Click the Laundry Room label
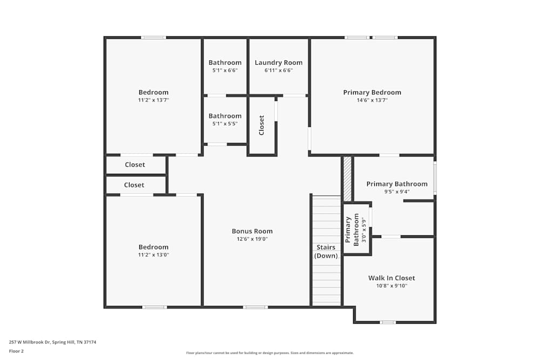[279, 63]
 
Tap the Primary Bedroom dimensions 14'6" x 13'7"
[372, 100]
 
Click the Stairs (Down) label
[326, 252]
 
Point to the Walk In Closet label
[391, 278]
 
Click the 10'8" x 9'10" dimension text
[391, 286]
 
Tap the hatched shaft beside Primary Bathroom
[347, 179]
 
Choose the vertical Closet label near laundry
[262, 125]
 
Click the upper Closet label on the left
[135, 165]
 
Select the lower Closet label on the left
[134, 185]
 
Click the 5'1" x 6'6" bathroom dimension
[225, 70]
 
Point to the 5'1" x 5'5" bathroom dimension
[225, 124]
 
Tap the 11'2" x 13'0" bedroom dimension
[153, 255]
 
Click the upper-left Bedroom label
[153, 92]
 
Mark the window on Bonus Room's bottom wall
[255, 307]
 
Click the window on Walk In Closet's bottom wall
[387, 322]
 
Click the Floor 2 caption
[16, 351]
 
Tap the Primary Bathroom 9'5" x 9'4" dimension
[397, 192]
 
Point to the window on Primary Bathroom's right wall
[435, 178]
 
